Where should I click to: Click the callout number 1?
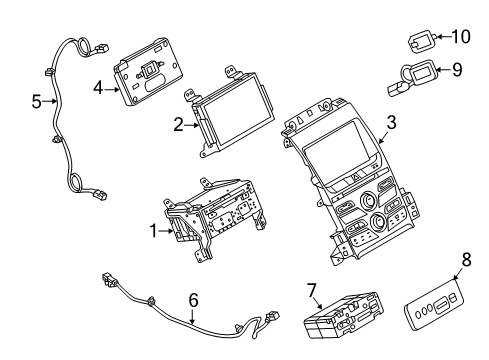[x=154, y=232]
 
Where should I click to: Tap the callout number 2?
[x=178, y=125]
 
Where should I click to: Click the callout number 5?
[x=36, y=100]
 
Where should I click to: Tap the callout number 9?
[x=459, y=69]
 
